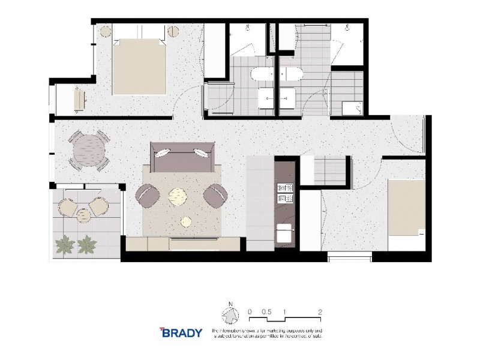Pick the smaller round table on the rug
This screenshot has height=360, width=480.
point(186,222)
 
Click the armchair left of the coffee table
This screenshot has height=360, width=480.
point(148,194)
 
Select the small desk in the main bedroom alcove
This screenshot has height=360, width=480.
point(79,100)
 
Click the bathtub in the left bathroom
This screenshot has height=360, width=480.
point(261,75)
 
